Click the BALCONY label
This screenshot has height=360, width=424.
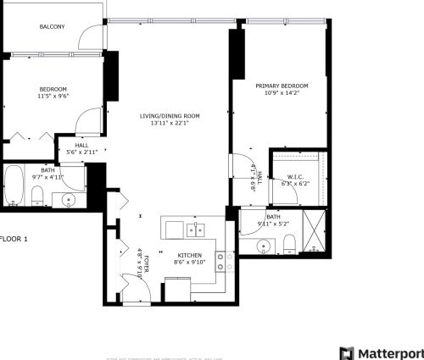[x=52, y=27]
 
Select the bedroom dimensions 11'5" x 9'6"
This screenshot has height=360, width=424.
[x=53, y=97]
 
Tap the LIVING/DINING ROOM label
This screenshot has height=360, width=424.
[x=170, y=115]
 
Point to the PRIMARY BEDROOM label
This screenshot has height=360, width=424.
[x=282, y=86]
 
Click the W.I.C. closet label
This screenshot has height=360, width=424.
[x=295, y=175]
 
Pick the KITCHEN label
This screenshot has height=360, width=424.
[x=188, y=254]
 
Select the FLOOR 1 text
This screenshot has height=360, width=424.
[x=14, y=239]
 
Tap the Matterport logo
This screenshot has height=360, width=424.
[x=381, y=352]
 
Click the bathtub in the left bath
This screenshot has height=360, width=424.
[x=14, y=186]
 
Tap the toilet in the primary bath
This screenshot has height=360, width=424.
[x=288, y=244]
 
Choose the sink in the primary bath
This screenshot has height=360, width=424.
[x=265, y=246]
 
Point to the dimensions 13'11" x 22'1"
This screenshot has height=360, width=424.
[x=170, y=124]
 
